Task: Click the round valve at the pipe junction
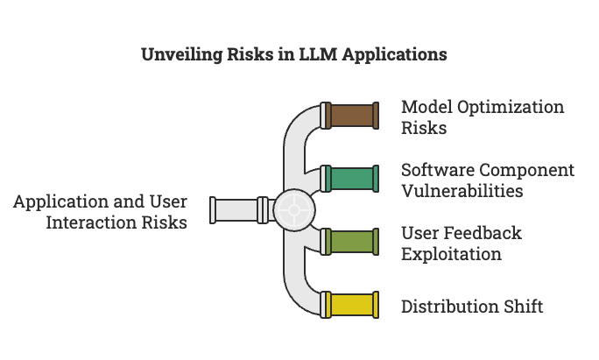pos(292,210)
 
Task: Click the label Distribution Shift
pos(472,307)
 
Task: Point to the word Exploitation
pos(451,254)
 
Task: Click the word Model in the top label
pos(425,107)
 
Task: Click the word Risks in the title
pos(250,54)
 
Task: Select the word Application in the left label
pos(60,201)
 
